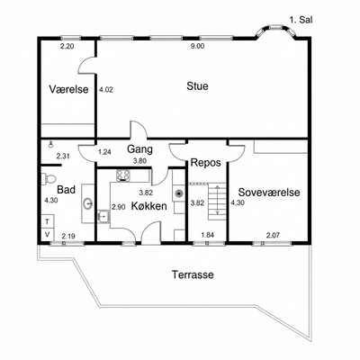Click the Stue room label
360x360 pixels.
(197, 86)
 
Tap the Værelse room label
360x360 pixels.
(69, 89)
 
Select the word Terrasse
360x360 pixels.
(193, 274)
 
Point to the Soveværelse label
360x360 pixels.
(269, 192)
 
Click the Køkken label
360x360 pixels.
(149, 206)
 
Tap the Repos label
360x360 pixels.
(206, 163)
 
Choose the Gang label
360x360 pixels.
(139, 149)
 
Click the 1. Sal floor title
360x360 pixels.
(301, 20)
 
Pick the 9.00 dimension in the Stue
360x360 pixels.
(197, 46)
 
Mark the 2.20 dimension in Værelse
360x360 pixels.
(67, 46)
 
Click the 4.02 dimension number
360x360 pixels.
(106, 89)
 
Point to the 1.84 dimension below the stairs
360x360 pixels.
(208, 235)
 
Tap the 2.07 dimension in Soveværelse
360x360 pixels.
(273, 235)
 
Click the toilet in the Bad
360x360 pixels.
(49, 179)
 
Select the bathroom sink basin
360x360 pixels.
(88, 203)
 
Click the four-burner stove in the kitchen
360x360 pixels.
(123, 175)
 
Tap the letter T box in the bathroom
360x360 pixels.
(47, 221)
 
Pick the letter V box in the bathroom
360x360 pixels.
(47, 234)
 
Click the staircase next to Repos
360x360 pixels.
(217, 201)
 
